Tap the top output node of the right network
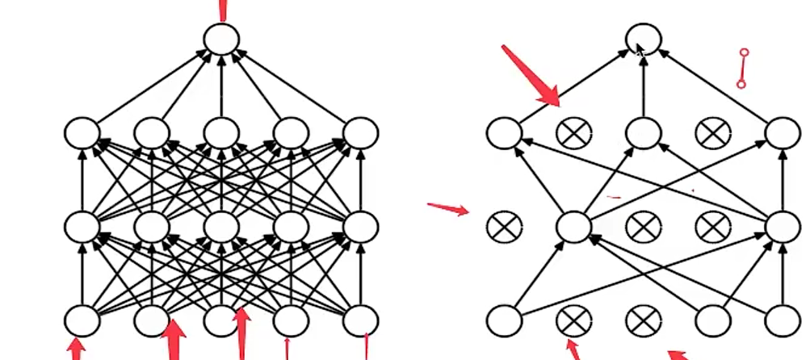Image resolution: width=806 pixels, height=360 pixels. click(x=644, y=37)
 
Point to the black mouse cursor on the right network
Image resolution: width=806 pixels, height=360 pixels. click(x=639, y=50)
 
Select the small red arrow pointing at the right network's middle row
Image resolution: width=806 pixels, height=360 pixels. click(x=448, y=209)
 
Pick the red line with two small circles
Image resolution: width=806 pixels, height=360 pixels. click(x=743, y=68)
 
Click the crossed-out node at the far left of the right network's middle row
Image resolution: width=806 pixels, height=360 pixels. click(x=505, y=226)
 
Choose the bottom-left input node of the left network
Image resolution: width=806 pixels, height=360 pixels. click(x=82, y=320)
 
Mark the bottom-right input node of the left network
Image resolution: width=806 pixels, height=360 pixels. click(x=360, y=320)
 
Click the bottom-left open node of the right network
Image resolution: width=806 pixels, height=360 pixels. click(x=505, y=320)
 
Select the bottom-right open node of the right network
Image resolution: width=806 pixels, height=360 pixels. click(x=783, y=320)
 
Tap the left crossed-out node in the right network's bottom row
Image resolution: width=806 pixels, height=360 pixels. click(x=574, y=320)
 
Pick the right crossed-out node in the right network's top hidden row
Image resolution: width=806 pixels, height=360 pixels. click(x=713, y=133)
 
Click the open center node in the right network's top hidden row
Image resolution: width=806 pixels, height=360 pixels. click(x=644, y=133)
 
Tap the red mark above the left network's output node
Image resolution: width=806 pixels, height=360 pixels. click(x=222, y=10)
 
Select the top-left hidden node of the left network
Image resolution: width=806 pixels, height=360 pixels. click(x=82, y=133)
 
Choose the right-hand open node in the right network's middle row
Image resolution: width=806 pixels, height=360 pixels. click(x=783, y=226)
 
